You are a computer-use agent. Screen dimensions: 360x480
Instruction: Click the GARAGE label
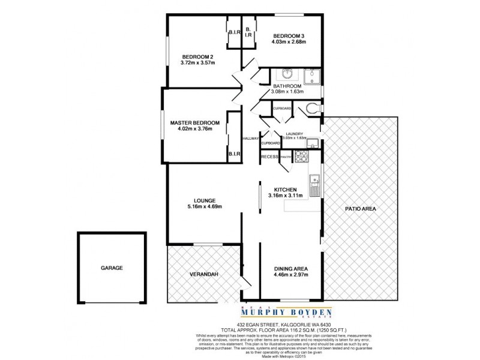tap(112, 268)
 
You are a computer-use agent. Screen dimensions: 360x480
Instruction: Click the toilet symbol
tap(310, 109)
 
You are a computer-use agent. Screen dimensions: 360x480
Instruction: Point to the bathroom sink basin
tap(285, 76)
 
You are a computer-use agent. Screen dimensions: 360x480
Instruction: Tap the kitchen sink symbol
tap(313, 178)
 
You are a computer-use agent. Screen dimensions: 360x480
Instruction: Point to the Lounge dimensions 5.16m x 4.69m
tap(204, 207)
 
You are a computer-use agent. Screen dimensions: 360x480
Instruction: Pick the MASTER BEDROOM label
tap(195, 123)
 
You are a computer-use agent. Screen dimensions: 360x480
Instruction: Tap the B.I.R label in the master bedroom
tap(233, 154)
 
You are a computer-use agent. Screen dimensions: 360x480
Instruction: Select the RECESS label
tap(269, 157)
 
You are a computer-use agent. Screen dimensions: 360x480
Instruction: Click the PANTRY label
tap(286, 157)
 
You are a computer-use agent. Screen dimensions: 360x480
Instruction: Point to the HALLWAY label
tap(250, 139)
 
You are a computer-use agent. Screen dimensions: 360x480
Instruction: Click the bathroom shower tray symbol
tap(312, 76)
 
